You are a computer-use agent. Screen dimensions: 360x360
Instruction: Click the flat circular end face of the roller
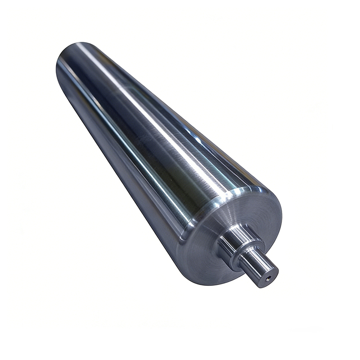[x=211, y=252]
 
